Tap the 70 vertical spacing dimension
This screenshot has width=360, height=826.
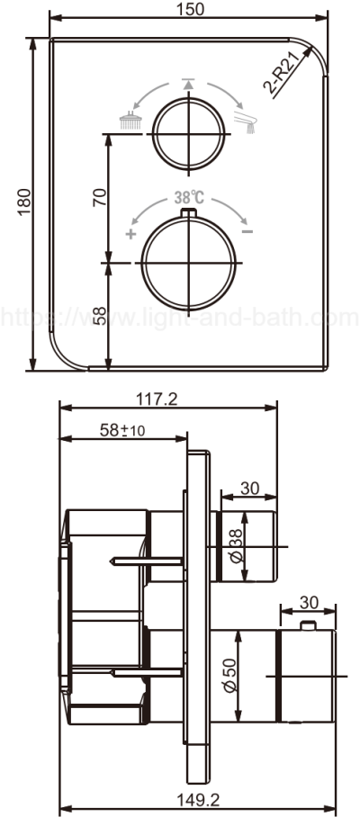(x=100, y=198)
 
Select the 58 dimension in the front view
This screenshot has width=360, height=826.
(x=100, y=316)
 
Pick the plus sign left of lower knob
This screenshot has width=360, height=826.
(x=131, y=235)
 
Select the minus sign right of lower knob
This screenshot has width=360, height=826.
(x=247, y=233)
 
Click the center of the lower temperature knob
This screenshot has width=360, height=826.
(x=189, y=262)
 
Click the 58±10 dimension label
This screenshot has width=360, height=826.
(x=123, y=430)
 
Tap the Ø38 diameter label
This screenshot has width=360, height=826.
(x=236, y=546)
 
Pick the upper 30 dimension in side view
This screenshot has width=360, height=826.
(x=250, y=488)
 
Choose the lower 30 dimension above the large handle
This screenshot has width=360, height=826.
(x=309, y=603)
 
